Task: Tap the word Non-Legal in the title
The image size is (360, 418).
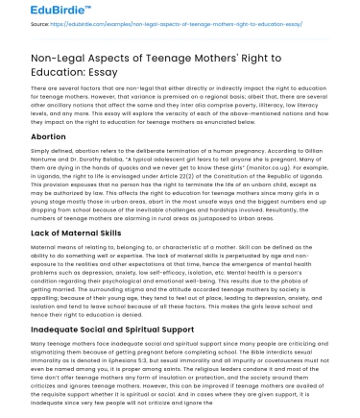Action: pyautogui.click(x=48, y=61)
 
